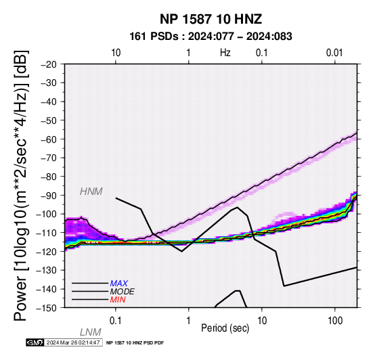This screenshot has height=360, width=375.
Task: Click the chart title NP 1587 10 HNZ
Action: point(211,19)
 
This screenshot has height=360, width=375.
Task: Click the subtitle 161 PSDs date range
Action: point(211,37)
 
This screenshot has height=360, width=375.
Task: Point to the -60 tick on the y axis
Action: point(49,139)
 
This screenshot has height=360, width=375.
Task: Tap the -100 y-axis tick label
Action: point(47,214)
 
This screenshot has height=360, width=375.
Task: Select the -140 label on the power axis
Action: point(47,289)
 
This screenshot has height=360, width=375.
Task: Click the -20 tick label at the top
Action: point(49,64)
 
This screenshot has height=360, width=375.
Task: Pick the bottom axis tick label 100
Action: point(335,321)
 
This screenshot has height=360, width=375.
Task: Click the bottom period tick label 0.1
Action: point(116,321)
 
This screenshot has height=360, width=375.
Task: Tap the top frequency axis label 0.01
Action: point(334,53)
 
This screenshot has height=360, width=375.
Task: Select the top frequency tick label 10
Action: point(116,53)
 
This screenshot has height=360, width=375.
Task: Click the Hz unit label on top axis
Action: point(225,53)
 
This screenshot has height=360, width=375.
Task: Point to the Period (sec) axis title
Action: point(225,328)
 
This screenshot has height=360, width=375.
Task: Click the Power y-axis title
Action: point(21,185)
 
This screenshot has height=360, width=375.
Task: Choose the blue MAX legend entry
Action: point(119,284)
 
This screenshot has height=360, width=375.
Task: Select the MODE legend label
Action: point(123,292)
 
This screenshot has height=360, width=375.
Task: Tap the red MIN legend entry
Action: point(118,300)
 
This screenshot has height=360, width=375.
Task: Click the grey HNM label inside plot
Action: point(91,192)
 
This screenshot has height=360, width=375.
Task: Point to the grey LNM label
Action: point(91,332)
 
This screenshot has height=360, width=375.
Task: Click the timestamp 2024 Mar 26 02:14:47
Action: point(73,342)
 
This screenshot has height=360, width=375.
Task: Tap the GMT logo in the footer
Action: point(35,342)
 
